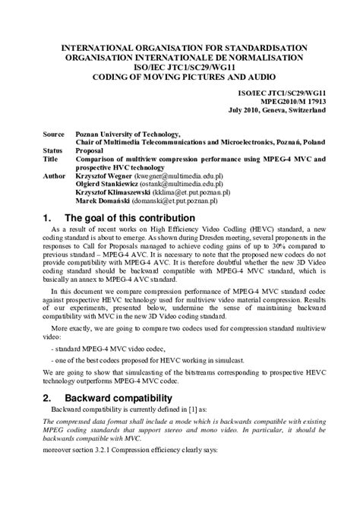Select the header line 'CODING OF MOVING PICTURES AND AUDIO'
(180, 77)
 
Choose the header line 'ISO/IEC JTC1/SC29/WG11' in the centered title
(180, 67)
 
